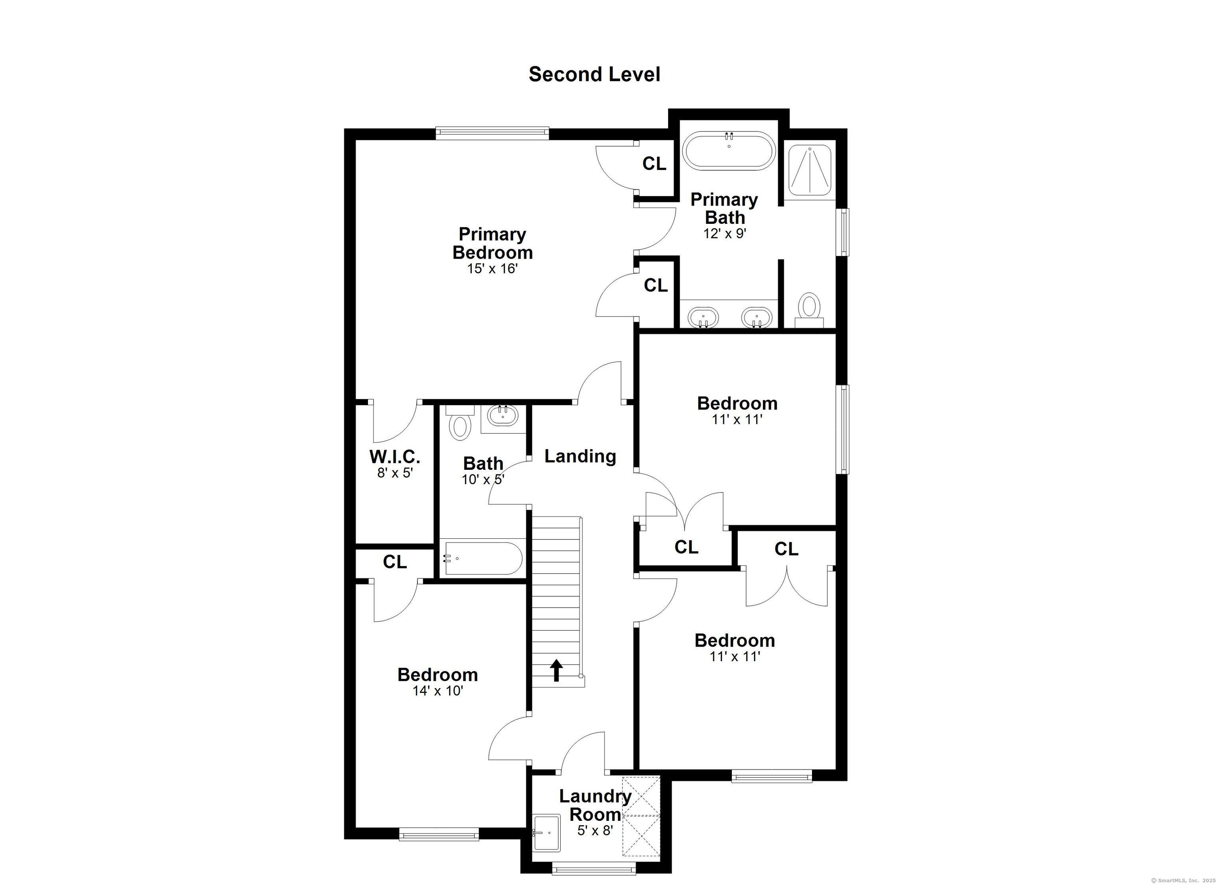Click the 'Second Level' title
point(594,74)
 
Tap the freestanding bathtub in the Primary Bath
point(729,151)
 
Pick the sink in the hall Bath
point(503,416)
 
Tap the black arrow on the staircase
point(556,670)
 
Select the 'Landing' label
point(580,456)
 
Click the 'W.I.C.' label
point(395,457)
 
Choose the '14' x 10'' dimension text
point(438,691)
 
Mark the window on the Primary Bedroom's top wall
point(492,133)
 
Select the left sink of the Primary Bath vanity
point(703,317)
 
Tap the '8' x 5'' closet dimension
point(395,473)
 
